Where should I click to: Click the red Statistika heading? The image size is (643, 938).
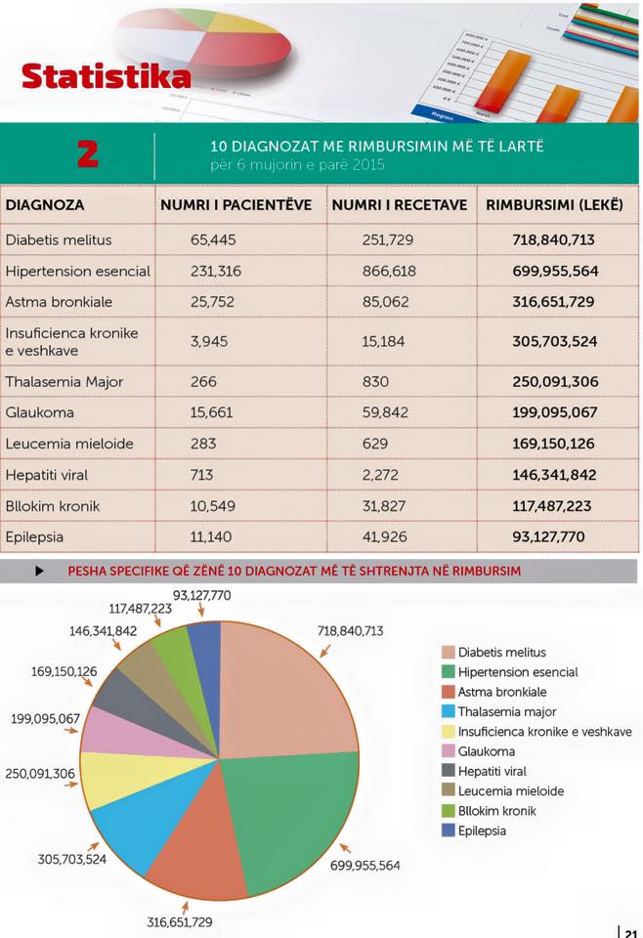106,76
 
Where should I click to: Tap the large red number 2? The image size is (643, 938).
89,154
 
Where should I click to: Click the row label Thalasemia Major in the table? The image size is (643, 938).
64,381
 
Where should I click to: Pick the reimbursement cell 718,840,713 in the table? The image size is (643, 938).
553,239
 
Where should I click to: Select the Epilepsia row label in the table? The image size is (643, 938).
37,537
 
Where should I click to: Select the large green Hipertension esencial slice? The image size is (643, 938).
293,801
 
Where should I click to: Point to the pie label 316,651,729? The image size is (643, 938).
180,921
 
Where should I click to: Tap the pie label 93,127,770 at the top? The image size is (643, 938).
202,595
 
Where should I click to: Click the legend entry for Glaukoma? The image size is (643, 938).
486,751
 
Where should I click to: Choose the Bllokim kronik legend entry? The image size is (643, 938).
496,811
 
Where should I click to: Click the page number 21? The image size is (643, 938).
631,931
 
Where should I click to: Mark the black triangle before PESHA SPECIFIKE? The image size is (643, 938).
39,571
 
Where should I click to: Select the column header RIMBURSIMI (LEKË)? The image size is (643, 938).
554,205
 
